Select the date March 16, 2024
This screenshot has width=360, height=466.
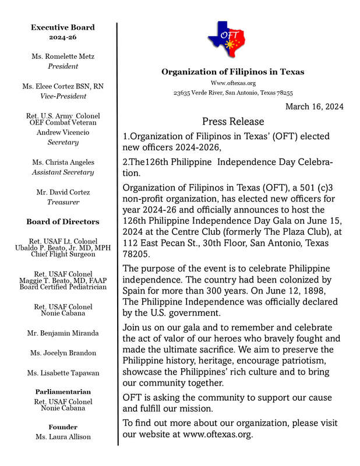point(314,107)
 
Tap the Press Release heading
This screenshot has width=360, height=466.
point(233,122)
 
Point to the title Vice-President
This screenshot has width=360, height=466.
point(62,96)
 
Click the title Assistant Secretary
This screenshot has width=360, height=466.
point(62,172)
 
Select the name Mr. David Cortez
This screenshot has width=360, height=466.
point(62,191)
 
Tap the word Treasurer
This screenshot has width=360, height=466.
point(62,202)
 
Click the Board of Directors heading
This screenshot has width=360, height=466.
point(62,221)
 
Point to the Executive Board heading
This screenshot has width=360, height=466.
point(62,27)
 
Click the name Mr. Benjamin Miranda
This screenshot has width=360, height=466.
point(62,333)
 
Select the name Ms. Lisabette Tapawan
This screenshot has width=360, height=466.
point(62,373)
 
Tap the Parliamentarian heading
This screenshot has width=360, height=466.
point(62,392)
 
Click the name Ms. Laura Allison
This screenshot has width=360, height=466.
point(62,437)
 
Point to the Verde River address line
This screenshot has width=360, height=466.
point(233,93)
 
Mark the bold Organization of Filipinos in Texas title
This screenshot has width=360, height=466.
point(232,72)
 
